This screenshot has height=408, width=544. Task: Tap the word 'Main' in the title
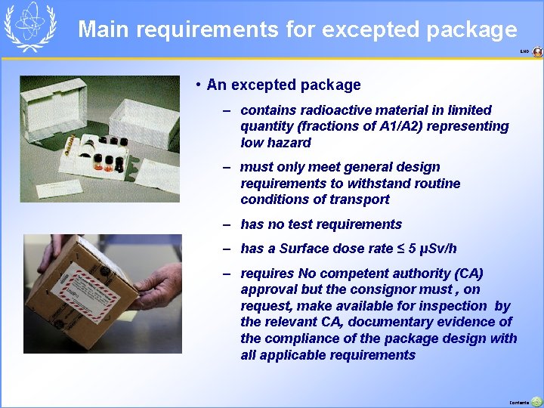(x=104, y=29)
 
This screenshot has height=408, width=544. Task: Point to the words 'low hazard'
(x=275, y=143)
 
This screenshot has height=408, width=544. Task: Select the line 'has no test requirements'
(x=320, y=224)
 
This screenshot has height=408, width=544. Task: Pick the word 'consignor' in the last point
(x=402, y=289)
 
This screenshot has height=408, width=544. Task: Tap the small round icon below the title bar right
(x=537, y=52)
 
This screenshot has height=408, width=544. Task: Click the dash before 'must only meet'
(x=227, y=167)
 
